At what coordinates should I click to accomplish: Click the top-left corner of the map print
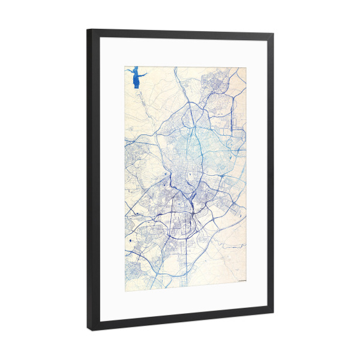(x=125, y=67)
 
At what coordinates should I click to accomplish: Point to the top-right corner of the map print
(x=246, y=67)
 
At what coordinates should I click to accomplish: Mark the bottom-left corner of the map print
(x=125, y=290)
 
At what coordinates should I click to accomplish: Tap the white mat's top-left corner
(x=100, y=38)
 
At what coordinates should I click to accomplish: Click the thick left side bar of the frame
(x=93, y=180)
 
